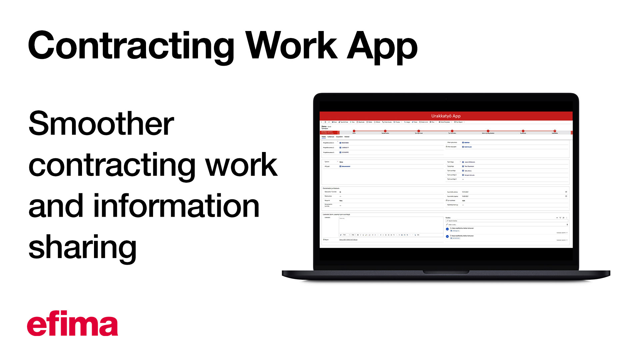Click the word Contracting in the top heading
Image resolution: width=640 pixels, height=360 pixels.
[131, 46]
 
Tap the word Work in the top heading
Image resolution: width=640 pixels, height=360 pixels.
[291, 46]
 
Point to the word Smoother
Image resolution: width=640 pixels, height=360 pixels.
[101, 124]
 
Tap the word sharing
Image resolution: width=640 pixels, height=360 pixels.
[82, 247]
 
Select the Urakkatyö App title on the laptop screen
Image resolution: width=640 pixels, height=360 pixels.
[446, 116]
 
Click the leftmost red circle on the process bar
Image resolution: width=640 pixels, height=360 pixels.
[354, 131]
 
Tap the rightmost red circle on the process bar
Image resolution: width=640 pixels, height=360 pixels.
[555, 131]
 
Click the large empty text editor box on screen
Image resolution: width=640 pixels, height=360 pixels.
[390, 225]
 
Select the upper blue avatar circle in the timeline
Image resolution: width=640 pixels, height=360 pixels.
[447, 229]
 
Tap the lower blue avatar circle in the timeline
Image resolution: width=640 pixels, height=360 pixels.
[447, 236]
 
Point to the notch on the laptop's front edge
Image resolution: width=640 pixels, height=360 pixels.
[446, 272]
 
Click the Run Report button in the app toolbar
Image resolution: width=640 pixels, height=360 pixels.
[459, 122]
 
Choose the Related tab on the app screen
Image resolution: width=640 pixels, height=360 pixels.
[347, 137]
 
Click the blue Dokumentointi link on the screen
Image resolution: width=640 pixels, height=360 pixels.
[346, 166]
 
